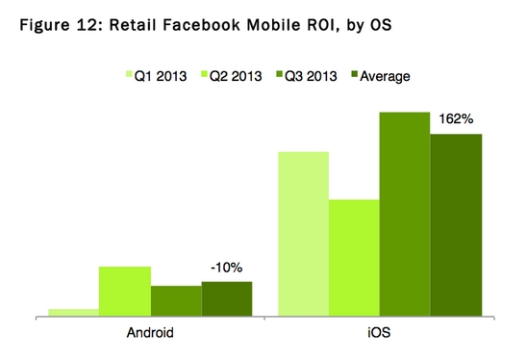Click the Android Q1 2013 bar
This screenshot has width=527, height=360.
(74, 312)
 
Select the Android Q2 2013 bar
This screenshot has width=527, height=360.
(125, 291)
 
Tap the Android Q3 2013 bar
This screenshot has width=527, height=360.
(176, 300)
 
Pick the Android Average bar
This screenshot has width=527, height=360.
(227, 298)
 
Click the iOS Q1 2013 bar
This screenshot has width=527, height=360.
(304, 234)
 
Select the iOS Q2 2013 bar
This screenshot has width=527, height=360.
(354, 258)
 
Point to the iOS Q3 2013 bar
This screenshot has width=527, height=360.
(405, 214)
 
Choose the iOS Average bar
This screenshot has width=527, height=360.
(456, 224)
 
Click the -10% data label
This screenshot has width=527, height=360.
(227, 268)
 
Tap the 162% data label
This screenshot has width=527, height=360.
(456, 118)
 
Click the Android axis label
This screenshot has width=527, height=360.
(150, 333)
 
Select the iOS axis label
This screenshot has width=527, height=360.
(379, 332)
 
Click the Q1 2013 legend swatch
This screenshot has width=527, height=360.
(130, 74)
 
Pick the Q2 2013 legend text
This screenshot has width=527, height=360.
(236, 76)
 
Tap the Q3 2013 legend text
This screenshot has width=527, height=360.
(311, 76)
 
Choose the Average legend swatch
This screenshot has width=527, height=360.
(355, 74)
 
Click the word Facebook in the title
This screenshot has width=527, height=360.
(202, 25)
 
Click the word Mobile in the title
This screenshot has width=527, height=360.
(273, 25)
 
